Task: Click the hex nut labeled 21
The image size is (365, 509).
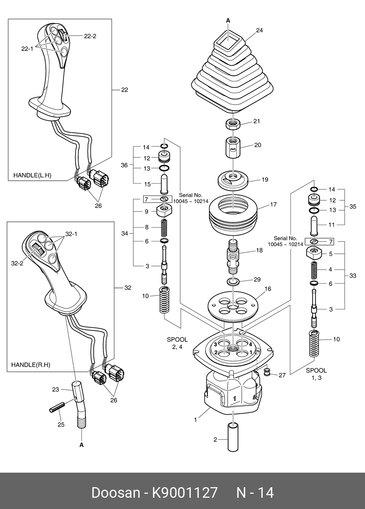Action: click(x=232, y=124)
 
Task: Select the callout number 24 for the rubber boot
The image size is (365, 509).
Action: click(x=259, y=31)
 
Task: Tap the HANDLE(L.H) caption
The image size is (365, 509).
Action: click(x=32, y=175)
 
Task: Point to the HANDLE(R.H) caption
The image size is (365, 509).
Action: click(x=31, y=365)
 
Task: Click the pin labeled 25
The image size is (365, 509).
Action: click(x=57, y=408)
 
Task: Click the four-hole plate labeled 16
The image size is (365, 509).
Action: click(x=232, y=304)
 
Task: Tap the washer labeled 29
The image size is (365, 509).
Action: click(x=232, y=281)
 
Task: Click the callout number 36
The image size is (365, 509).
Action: click(x=124, y=165)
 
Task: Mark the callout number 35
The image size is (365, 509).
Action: click(x=353, y=207)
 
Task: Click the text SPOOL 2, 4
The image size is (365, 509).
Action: click(x=177, y=343)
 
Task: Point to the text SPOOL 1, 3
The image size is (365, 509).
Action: click(x=316, y=374)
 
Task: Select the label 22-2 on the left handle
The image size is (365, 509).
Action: click(x=90, y=36)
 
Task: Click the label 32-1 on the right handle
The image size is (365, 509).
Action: click(x=71, y=234)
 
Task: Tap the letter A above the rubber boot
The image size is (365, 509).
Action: click(x=228, y=21)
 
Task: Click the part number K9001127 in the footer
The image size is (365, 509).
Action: click(x=184, y=493)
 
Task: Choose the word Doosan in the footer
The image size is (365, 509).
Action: click(x=115, y=493)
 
